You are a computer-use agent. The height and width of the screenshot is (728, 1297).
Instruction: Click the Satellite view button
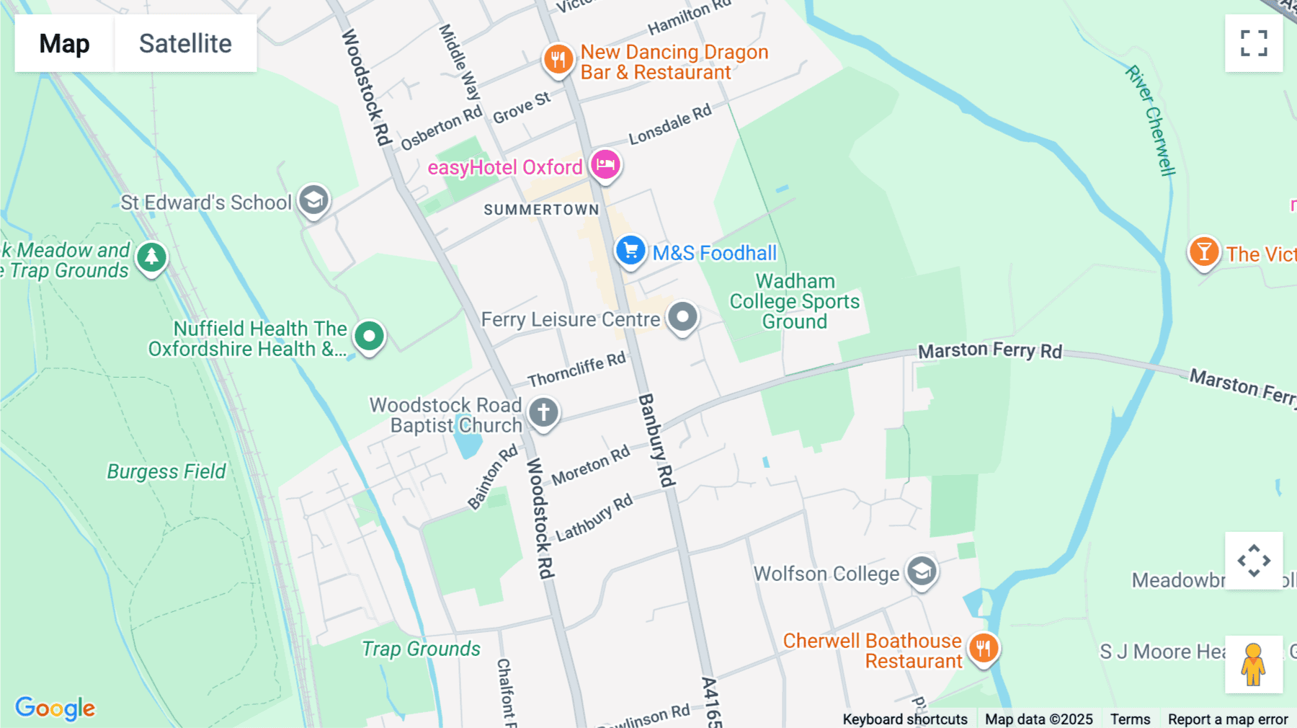coord(185,43)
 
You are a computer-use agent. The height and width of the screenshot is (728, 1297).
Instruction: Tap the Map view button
coord(64,43)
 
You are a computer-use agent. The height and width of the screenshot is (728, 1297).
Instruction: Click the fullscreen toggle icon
coord(1254,43)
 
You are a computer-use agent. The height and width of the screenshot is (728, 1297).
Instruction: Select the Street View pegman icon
coord(1254,664)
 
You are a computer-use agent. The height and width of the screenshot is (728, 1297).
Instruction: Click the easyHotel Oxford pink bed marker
coord(605,164)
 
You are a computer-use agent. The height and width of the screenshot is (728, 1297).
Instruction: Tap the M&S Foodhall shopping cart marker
coord(630,251)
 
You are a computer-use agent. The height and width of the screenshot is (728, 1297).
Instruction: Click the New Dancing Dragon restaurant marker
coord(558,59)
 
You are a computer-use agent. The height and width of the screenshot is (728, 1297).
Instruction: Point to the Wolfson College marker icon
coord(922,571)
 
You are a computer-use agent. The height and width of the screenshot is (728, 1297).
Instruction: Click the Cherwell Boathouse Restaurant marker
coord(984,647)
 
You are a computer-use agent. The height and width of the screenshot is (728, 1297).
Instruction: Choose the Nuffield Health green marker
coord(370,336)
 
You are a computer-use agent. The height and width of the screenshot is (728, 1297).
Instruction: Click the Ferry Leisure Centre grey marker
coord(682,316)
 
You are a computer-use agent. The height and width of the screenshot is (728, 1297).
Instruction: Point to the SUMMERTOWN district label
coord(541,210)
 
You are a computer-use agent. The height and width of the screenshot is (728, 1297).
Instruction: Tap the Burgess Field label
coord(166,471)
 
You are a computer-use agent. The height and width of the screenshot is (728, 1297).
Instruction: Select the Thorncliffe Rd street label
coord(576,370)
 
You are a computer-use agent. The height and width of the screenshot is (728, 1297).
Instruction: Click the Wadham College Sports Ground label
coord(795,301)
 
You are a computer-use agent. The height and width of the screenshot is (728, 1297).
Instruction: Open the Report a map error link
coord(1227,719)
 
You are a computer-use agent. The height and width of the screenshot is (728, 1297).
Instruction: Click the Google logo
coord(55,708)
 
